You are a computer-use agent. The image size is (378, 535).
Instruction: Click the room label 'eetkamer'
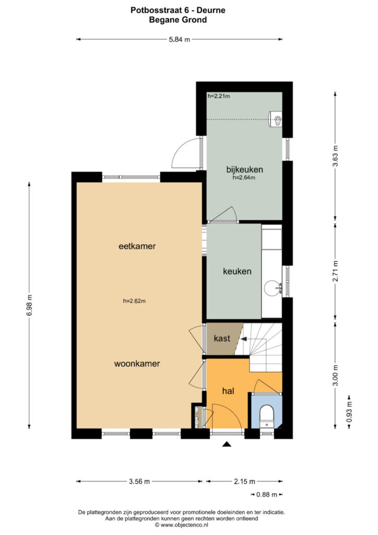[x=137, y=246]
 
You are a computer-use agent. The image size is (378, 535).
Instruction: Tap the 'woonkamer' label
[x=137, y=364]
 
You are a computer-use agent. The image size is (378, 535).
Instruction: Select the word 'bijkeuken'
[x=245, y=169]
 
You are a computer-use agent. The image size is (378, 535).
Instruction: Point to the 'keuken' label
[x=237, y=271]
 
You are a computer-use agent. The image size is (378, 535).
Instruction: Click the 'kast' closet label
[x=222, y=338]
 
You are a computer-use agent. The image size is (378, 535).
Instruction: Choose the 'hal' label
[x=228, y=391]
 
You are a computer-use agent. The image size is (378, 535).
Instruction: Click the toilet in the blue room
[x=267, y=415]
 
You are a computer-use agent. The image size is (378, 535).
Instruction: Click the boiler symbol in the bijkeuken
[x=276, y=119]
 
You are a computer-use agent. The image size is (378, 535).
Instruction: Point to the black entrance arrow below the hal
[x=227, y=444]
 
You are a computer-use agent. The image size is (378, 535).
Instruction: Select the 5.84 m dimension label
[x=180, y=39]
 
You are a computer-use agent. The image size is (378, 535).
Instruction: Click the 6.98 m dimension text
[x=29, y=305]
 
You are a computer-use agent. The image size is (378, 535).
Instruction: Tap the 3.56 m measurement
[x=139, y=481]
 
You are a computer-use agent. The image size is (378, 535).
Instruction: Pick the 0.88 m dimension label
[x=267, y=494]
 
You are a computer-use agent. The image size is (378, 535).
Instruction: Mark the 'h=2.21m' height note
[x=219, y=96]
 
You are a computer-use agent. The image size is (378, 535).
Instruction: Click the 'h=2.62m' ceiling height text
[x=134, y=301]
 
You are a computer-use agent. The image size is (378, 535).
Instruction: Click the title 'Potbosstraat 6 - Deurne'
[x=178, y=10]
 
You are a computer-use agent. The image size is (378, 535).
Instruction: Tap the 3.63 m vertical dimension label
[x=336, y=156]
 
